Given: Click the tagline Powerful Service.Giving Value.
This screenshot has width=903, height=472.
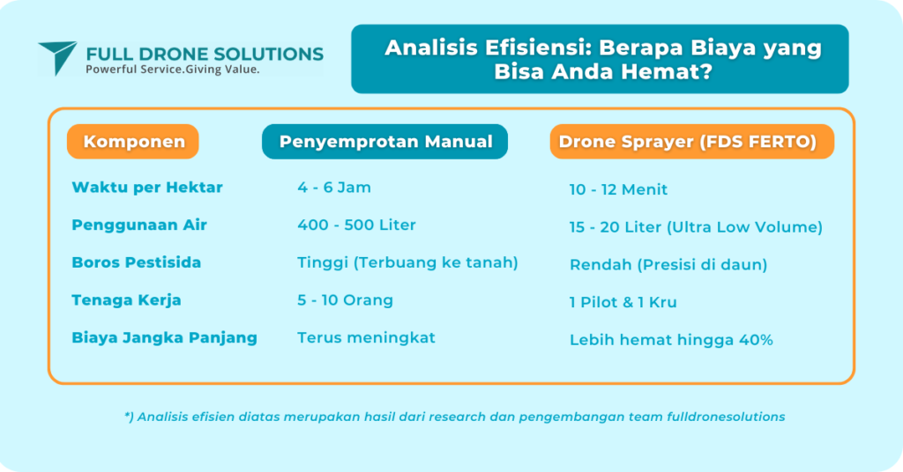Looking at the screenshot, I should pyautogui.click(x=172, y=70).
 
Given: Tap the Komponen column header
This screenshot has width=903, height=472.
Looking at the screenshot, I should pyautogui.click(x=134, y=142).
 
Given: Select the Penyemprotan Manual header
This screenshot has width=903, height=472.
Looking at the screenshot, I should pyautogui.click(x=385, y=142).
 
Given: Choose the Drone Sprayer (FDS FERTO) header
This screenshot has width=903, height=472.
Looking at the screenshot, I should pyautogui.click(x=691, y=142).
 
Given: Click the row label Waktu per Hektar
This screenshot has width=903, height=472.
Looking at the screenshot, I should pyautogui.click(x=147, y=188).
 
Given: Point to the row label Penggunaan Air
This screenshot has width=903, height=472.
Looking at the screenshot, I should pyautogui.click(x=139, y=225).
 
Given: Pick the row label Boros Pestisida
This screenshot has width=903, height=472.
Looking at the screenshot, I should pyautogui.click(x=137, y=262).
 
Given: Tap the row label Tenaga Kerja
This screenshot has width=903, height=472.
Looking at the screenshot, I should pyautogui.click(x=127, y=300).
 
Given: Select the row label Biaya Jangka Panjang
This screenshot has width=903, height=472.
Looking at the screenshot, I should pyautogui.click(x=165, y=337).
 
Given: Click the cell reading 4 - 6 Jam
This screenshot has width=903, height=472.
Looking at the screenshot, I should pyautogui.click(x=334, y=188).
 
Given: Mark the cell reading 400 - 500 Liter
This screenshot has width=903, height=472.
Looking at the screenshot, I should pyautogui.click(x=356, y=225).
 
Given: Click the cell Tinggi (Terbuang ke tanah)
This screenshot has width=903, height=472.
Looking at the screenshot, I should pyautogui.click(x=407, y=262).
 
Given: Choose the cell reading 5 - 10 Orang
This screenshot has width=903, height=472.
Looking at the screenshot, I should pyautogui.click(x=345, y=300).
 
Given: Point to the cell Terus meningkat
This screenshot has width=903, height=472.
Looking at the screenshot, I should pyautogui.click(x=366, y=337).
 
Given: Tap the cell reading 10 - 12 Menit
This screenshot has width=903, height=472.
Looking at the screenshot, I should pyautogui.click(x=618, y=189).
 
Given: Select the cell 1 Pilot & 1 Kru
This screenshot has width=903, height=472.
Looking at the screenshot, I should pyautogui.click(x=623, y=302).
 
